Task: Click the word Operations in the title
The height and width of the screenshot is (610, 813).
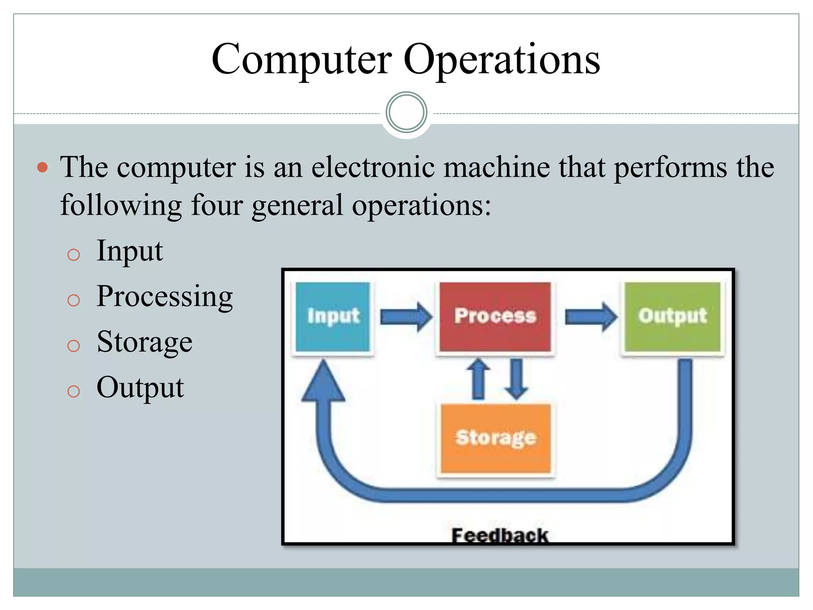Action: tap(501, 60)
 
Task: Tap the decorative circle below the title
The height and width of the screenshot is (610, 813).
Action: tap(406, 112)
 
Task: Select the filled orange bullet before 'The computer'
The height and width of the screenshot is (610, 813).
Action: tap(42, 167)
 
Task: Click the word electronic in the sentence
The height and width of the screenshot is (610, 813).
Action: tap(373, 167)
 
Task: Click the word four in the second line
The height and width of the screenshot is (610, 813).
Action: tap(217, 205)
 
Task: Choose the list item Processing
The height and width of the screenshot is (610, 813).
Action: tap(164, 297)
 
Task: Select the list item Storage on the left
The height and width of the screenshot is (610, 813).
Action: tap(144, 342)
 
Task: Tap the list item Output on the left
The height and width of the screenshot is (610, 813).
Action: tap(140, 388)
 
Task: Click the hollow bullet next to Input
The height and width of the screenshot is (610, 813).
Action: tap(73, 255)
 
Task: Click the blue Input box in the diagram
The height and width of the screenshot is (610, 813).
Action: tap(333, 317)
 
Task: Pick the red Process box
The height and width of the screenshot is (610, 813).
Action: tap(495, 317)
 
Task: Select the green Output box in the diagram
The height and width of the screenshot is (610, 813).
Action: tap(672, 317)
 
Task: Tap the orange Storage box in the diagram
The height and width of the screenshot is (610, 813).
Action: tap(496, 438)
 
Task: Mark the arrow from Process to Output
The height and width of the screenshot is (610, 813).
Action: tap(591, 317)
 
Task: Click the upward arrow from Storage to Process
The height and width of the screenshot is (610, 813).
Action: tap(478, 379)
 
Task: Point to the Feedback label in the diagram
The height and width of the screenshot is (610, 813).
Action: tap(499, 535)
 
